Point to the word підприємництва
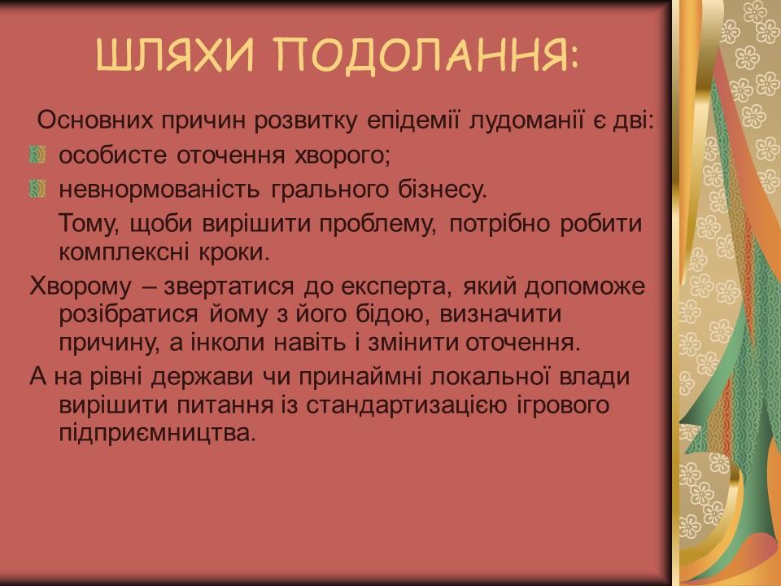(151, 431)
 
